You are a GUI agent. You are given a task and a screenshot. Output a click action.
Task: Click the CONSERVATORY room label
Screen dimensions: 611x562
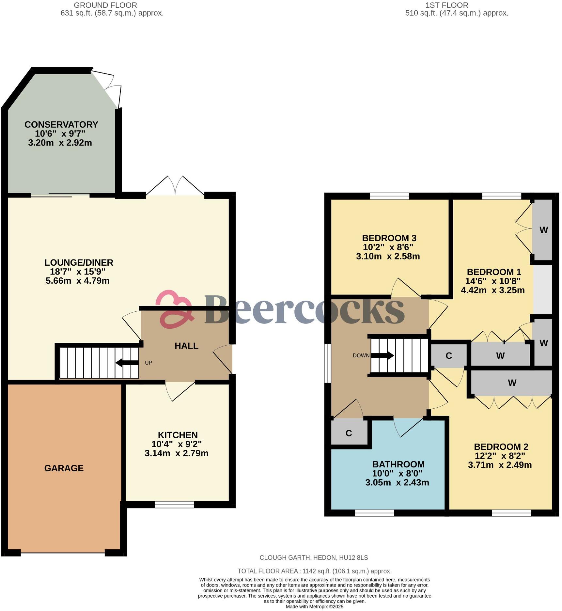(61, 125)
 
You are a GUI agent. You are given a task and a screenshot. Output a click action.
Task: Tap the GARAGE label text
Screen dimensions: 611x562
(64, 468)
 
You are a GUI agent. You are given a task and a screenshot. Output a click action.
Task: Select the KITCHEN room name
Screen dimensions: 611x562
(178, 435)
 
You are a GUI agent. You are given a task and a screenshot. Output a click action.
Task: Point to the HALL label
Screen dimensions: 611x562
(186, 346)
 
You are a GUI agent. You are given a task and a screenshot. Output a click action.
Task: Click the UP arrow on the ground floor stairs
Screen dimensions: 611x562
(127, 363)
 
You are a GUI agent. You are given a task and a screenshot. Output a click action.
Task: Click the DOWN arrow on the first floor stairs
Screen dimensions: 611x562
(382, 355)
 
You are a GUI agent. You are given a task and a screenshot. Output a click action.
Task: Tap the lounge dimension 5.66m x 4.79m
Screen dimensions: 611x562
(78, 281)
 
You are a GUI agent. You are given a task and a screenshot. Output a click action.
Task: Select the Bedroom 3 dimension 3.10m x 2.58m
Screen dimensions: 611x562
(388, 256)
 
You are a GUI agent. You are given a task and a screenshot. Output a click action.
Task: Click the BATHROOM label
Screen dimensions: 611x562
(398, 464)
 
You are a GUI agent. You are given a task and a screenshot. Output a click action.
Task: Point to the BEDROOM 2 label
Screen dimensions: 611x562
(501, 446)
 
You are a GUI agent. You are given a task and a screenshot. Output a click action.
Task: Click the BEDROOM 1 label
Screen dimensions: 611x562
(494, 272)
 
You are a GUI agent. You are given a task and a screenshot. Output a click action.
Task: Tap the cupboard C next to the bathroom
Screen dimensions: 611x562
(349, 433)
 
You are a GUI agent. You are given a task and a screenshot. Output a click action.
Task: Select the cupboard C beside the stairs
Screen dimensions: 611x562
(449, 356)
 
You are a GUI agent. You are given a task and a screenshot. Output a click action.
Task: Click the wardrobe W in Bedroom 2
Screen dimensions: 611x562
(512, 383)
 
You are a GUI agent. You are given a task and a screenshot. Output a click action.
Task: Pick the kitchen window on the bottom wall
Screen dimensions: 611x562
(174, 505)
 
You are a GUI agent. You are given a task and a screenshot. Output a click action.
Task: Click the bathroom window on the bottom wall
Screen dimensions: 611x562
(374, 513)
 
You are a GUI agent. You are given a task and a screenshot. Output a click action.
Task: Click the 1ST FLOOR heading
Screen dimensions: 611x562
(446, 5)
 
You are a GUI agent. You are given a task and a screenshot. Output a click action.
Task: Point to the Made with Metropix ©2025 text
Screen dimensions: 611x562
(314, 607)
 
